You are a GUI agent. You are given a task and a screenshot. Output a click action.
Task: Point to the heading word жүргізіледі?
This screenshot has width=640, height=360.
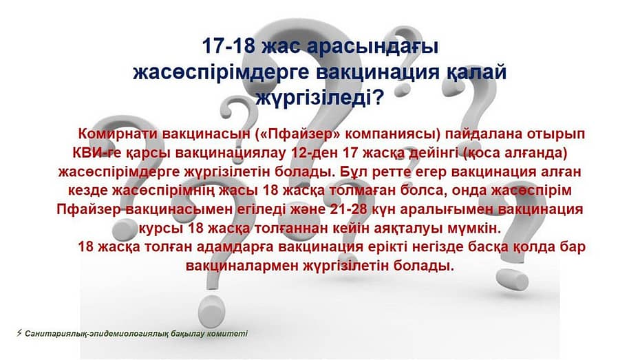click(x=320, y=98)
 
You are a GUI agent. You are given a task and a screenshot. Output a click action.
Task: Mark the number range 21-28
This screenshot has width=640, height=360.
click(x=349, y=209)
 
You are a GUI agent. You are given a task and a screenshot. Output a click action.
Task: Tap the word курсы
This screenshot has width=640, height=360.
click(x=160, y=229)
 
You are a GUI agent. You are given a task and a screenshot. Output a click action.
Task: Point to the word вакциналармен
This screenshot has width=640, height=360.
click(x=243, y=266)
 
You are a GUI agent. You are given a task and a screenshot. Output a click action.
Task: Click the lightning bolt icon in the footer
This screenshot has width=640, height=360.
click(x=19, y=333)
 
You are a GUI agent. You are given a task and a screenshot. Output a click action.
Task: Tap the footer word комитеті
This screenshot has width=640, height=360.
click(x=227, y=334)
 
